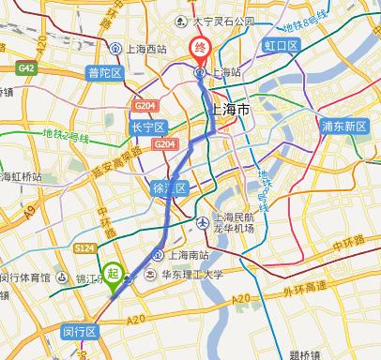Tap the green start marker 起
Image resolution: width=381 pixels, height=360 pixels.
pyautogui.click(x=113, y=274)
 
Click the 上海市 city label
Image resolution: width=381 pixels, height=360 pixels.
pyautogui.click(x=227, y=110)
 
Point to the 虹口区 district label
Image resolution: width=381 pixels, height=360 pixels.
pyautogui.click(x=280, y=45)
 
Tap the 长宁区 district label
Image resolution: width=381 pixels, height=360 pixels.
pyautogui.click(x=148, y=127)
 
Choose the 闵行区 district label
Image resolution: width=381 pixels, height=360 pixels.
pyautogui.click(x=80, y=332)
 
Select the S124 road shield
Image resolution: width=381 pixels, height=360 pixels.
pyautogui.click(x=85, y=247)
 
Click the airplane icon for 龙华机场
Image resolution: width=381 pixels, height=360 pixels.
pyautogui.click(x=204, y=221)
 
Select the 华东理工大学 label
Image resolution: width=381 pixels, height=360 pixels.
pyautogui.click(x=192, y=275)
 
